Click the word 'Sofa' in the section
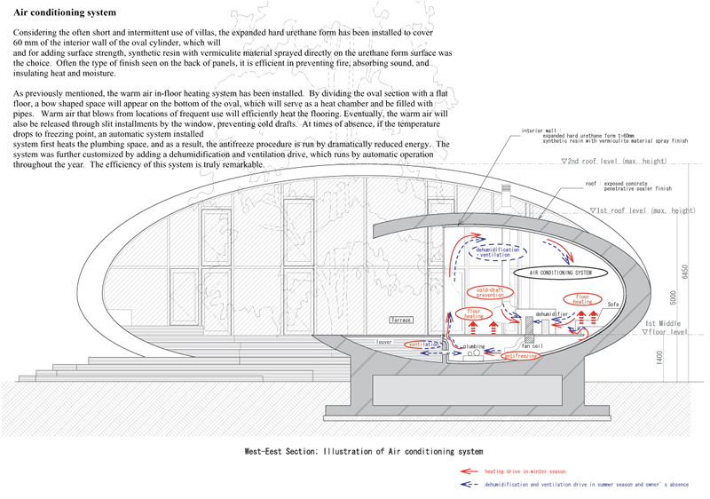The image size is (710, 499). pos(612,304)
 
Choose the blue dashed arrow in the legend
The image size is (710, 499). pos(469,486)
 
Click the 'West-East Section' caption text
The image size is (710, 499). pos(364,451)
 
